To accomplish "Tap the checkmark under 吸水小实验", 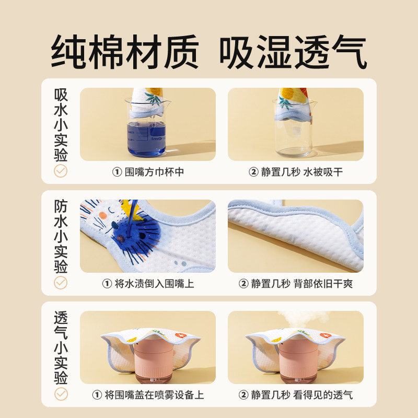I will click(61, 170).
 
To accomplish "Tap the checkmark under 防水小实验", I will click(61, 282).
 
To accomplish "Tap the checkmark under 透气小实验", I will click(61, 393).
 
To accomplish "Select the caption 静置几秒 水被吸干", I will click(296, 172).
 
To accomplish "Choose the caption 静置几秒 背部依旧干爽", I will click(296, 284).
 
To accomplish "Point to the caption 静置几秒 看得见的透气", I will click(296, 395).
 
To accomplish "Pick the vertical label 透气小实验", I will click(61, 347).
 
